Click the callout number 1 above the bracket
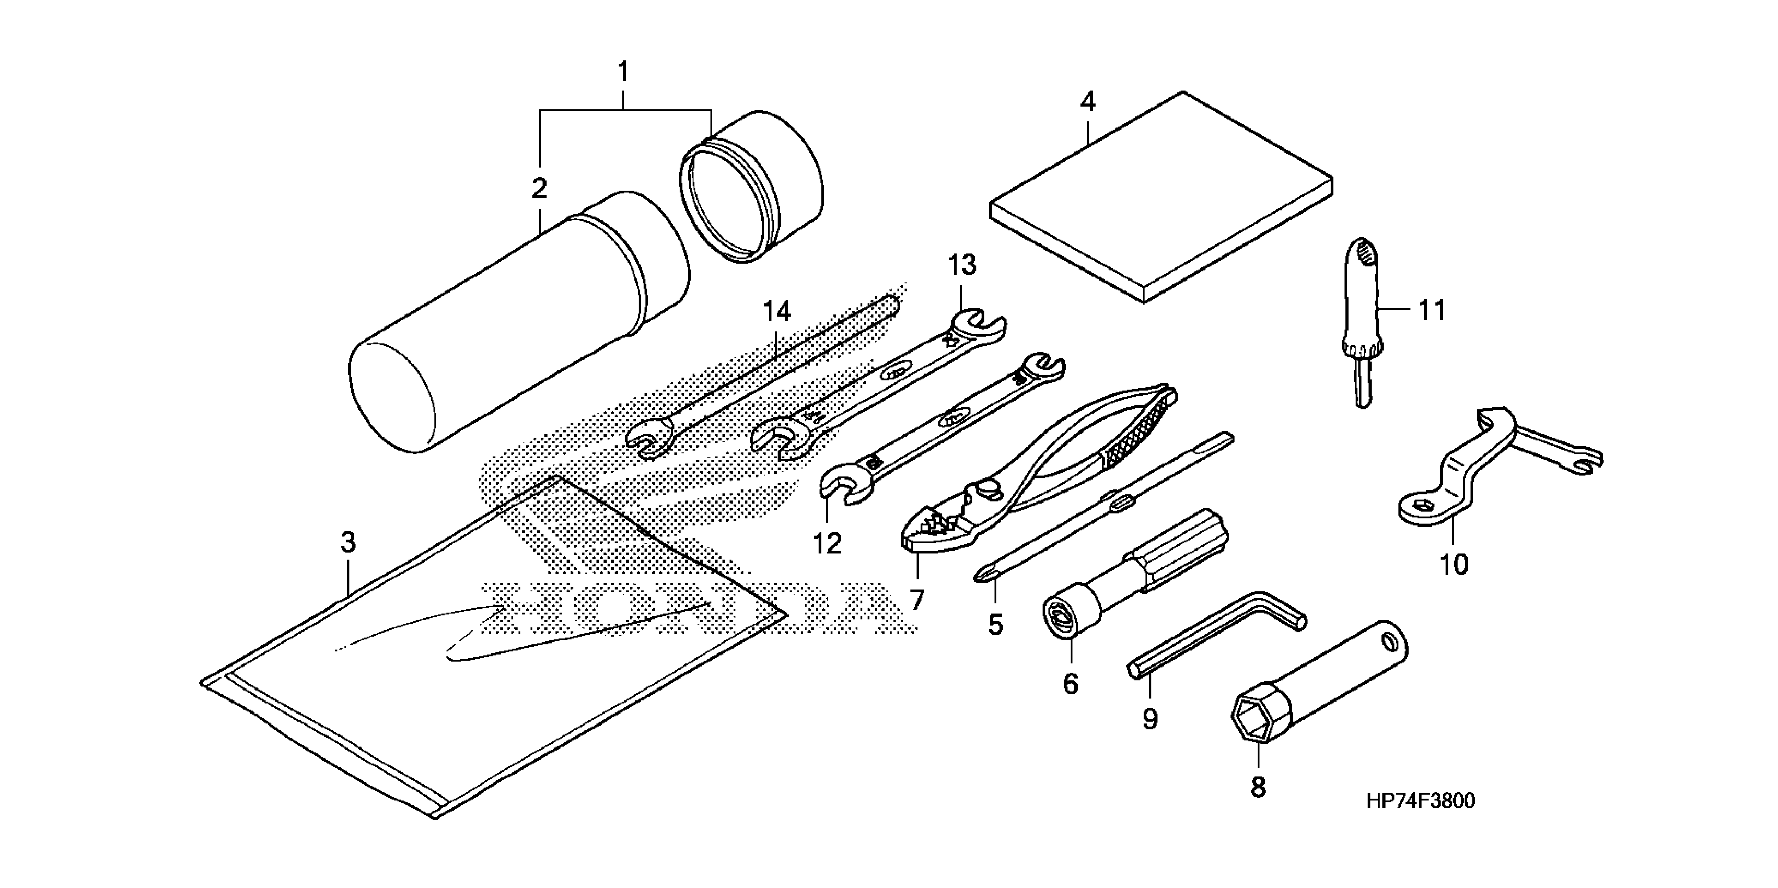tap(623, 72)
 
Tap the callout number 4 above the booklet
tap(1087, 103)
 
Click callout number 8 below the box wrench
tap(1258, 787)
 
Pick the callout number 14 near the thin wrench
tap(776, 312)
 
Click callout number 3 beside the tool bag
tap(348, 542)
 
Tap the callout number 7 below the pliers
tap(916, 600)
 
